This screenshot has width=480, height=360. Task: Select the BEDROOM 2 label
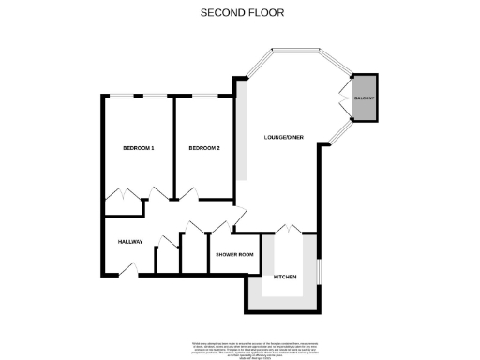pyautogui.click(x=204, y=148)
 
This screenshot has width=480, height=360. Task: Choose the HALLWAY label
pyautogui.click(x=130, y=242)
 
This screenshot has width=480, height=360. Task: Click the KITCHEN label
pyautogui.click(x=285, y=277)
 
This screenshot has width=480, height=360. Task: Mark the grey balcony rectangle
pyautogui.click(x=363, y=105)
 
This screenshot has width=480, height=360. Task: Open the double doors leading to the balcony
pyautogui.click(x=344, y=97)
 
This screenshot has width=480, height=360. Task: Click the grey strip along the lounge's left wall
pyautogui.click(x=243, y=136)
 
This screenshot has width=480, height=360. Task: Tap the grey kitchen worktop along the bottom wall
pyautogui.click(x=285, y=306)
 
